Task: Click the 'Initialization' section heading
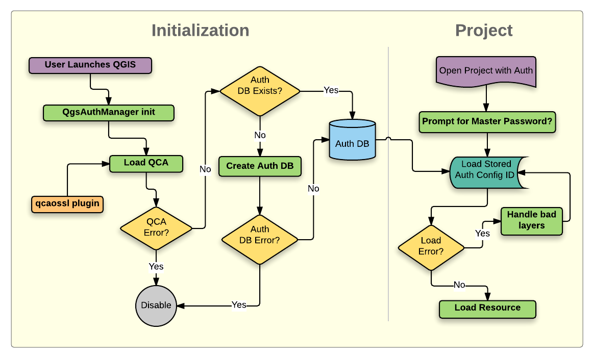point(200,31)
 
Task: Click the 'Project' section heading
point(483,31)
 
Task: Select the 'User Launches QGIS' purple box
point(90,65)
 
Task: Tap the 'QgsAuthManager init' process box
point(109,112)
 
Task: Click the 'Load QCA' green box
point(146,164)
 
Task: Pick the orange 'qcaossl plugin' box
point(67,204)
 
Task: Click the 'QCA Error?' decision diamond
point(156,228)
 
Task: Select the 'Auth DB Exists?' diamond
point(260,91)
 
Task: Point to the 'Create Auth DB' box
point(260,166)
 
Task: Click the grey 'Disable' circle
point(156,305)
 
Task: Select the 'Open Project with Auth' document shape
point(486,70)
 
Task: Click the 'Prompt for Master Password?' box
point(487,122)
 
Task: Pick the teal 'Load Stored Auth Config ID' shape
point(486,170)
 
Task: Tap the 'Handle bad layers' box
point(532,221)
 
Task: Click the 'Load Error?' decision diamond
point(431,246)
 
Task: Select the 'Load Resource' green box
point(487,308)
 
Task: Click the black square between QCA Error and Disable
point(156,268)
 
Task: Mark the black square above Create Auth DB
point(260,136)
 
